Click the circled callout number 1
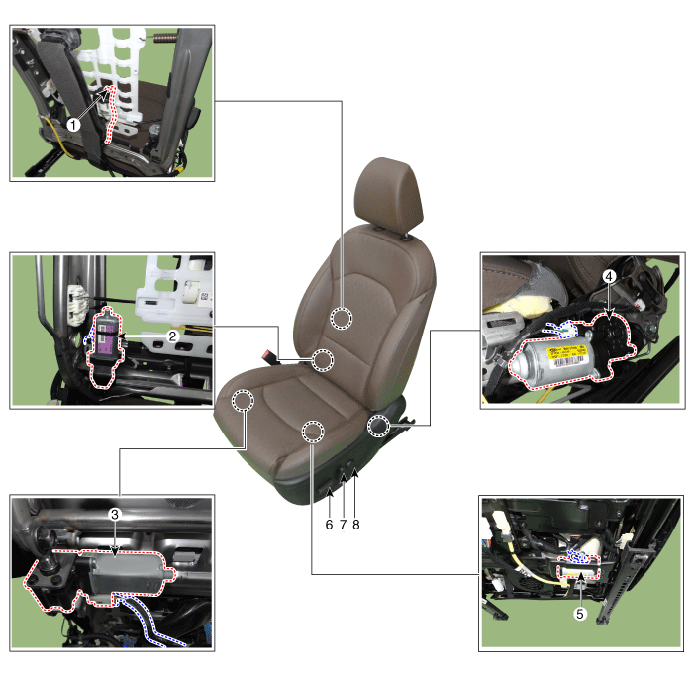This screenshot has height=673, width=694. [x=73, y=125]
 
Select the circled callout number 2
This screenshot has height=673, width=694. [x=172, y=336]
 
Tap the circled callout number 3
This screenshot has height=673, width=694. [x=115, y=515]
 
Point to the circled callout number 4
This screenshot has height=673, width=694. [x=609, y=276]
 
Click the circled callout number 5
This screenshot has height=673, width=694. [x=580, y=614]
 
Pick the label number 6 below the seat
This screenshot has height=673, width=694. [x=329, y=525]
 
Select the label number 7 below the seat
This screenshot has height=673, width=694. [x=343, y=525]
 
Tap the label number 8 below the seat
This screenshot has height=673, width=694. [x=356, y=525]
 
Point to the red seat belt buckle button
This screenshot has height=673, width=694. [x=269, y=354]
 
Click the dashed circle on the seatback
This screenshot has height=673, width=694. [x=342, y=318]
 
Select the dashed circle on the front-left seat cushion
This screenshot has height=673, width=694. [x=243, y=401]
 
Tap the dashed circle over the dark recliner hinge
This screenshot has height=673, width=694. [x=378, y=427]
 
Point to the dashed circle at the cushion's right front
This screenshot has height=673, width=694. [x=313, y=431]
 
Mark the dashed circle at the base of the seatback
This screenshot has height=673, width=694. [x=323, y=360]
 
